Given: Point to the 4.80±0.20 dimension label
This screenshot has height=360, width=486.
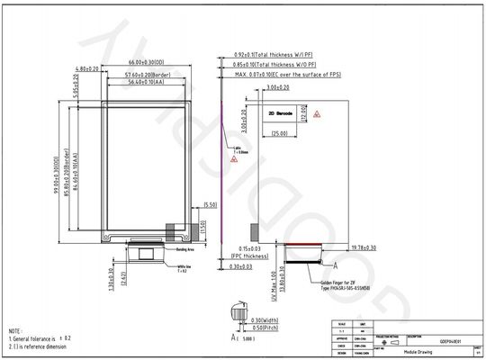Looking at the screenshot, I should point(86,68).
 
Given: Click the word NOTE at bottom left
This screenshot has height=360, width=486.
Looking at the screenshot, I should point(15,330).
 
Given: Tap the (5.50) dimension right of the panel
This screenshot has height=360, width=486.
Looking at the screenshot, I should point(210,205).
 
